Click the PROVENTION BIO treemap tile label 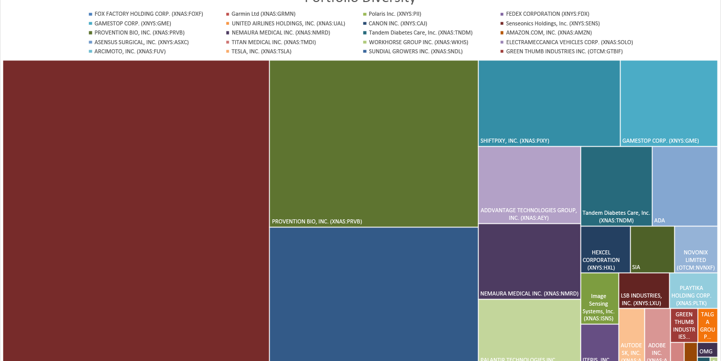[317, 221]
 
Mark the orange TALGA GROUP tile [707, 325]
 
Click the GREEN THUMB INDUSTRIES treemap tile [683, 325]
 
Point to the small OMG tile [707, 350]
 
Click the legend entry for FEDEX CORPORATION [547, 14]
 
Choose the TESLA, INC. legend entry [261, 51]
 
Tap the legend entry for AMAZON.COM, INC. [544, 32]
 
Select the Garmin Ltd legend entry [263, 14]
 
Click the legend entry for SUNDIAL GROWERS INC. [415, 51]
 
